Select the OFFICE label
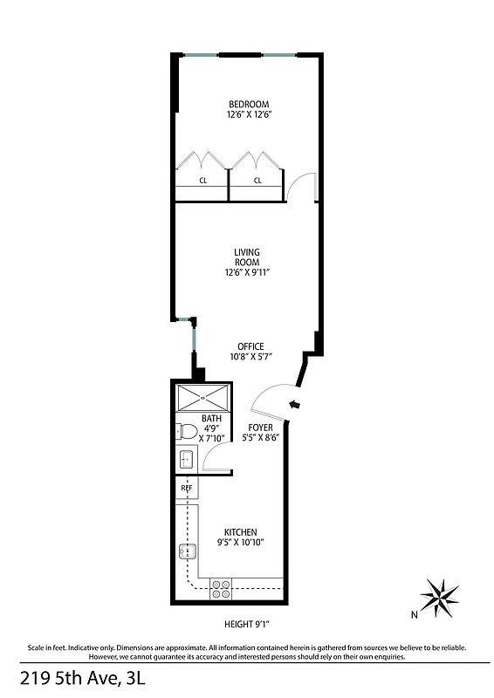point(246,346)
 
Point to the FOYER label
point(260,428)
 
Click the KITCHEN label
point(240,532)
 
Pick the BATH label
point(211,419)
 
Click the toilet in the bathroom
point(185,430)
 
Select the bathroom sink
point(185,459)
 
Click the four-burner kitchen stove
point(222,589)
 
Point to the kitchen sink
point(186,551)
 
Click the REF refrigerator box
point(186,489)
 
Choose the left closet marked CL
point(202,181)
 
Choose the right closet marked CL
point(257,181)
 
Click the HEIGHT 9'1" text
point(246,624)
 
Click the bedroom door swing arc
point(301,185)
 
